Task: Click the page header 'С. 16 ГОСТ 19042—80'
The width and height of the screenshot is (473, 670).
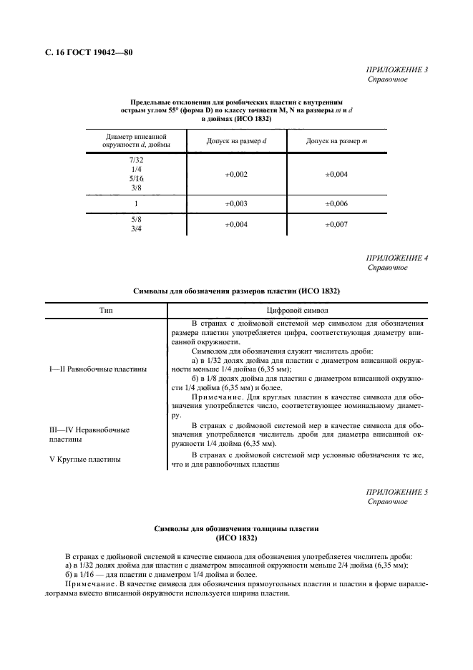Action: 84,53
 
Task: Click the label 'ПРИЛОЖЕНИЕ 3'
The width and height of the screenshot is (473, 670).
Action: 396,70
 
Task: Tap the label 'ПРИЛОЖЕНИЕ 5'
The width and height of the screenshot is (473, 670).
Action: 396,492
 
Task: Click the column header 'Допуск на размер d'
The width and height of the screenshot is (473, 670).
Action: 236,141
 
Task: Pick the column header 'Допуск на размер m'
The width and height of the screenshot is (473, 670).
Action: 336,141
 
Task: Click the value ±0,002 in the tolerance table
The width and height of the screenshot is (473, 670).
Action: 236,174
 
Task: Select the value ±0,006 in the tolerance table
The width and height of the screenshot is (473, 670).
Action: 336,204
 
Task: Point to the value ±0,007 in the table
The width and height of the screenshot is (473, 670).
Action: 336,225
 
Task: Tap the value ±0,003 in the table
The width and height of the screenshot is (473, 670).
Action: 236,204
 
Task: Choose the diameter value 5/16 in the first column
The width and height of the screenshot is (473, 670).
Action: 136,178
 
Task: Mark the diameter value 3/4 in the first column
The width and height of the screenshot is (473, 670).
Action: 136,230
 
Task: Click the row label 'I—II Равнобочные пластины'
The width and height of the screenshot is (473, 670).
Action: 98,369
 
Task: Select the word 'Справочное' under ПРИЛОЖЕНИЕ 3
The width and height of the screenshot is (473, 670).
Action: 388,79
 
